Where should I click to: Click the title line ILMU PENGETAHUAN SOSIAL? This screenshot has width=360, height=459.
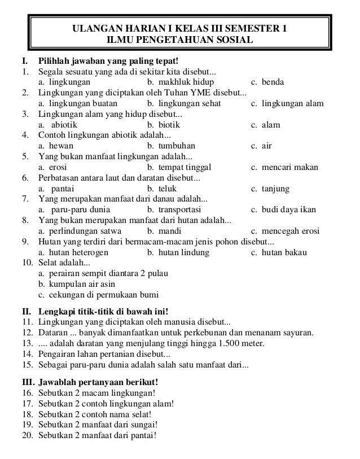pyautogui.click(x=180, y=41)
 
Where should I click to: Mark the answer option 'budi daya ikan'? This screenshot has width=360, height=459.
pyautogui.click(x=283, y=210)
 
